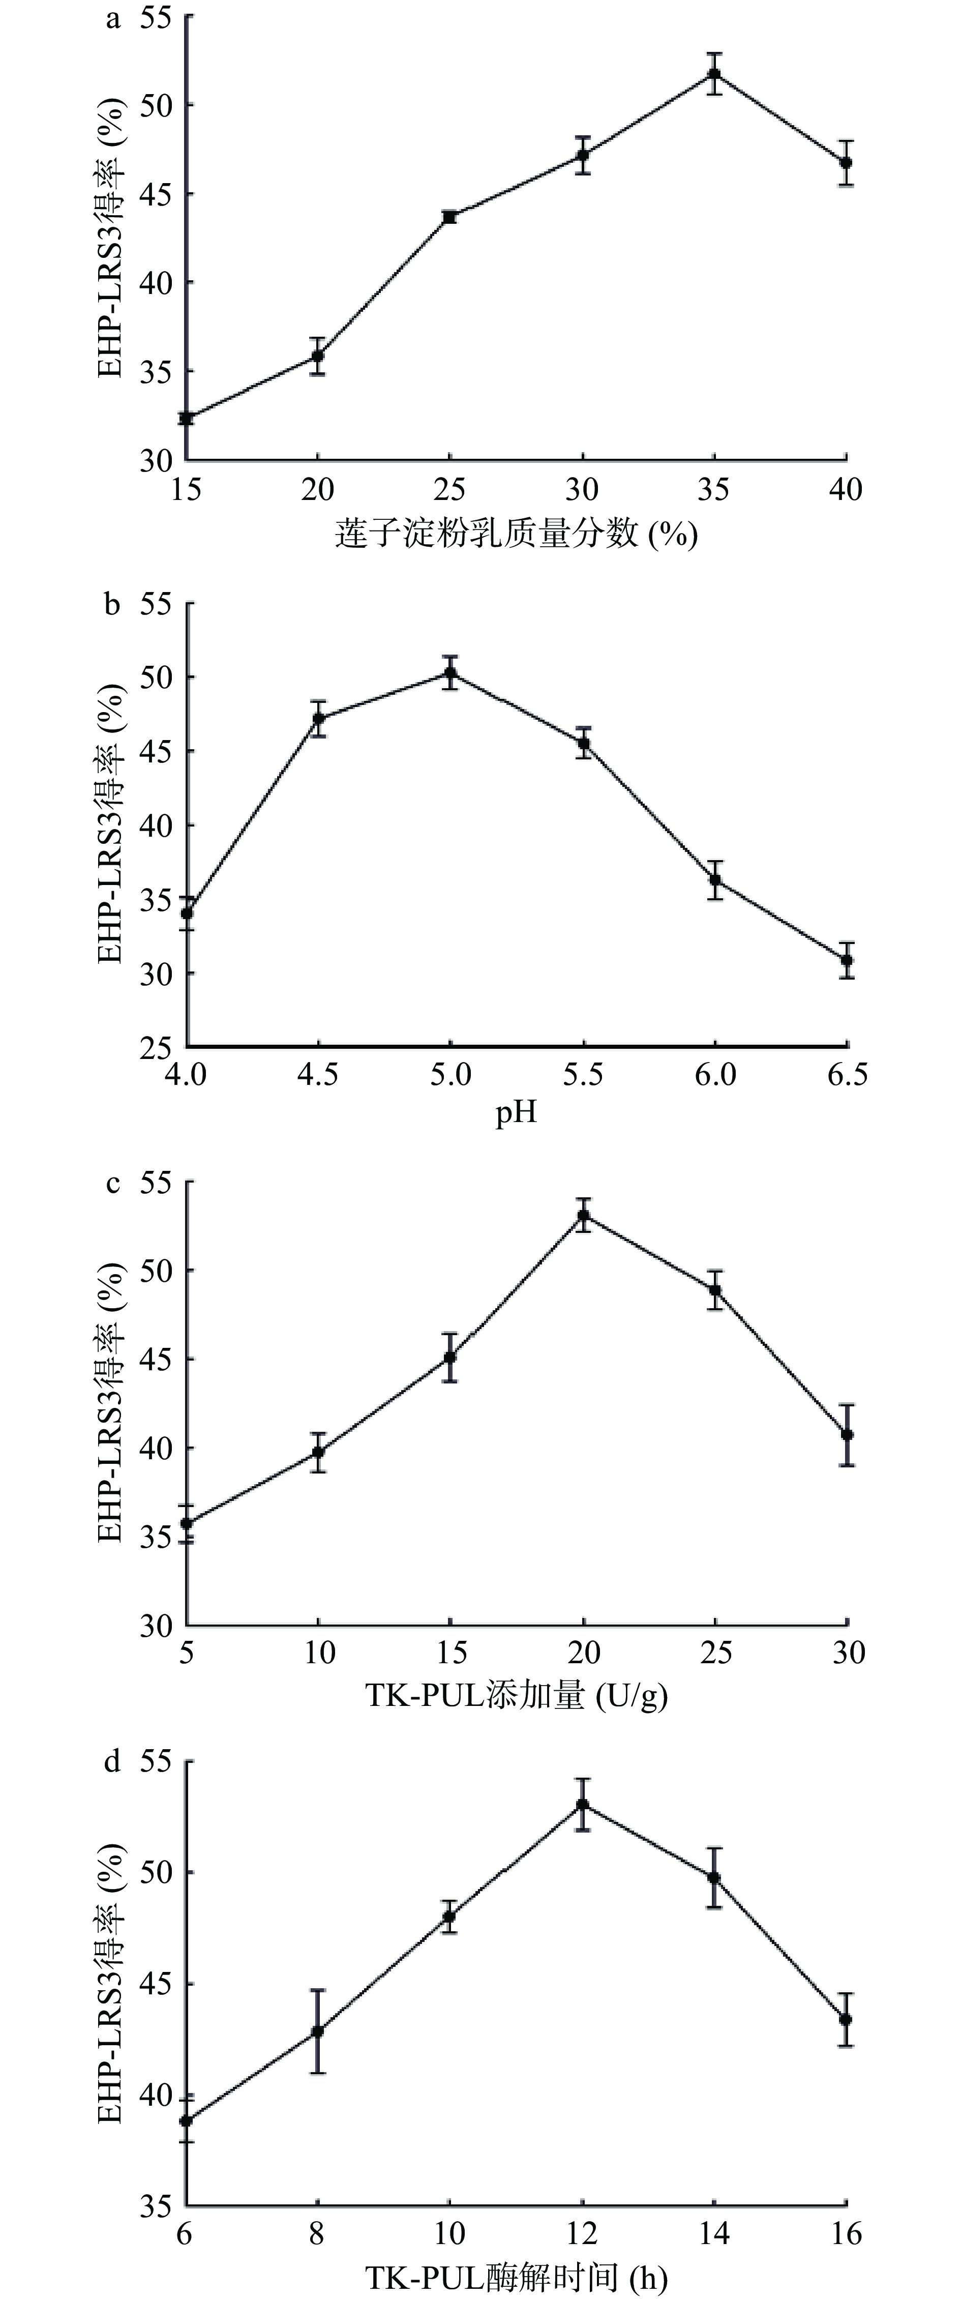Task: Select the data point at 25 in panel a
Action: tap(449, 217)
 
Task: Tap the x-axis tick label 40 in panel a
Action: tap(846, 489)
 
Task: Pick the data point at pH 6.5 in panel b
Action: tap(847, 960)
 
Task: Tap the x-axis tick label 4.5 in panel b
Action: tap(318, 1074)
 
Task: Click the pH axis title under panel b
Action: tap(516, 1115)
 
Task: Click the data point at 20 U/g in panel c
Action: tap(584, 1215)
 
